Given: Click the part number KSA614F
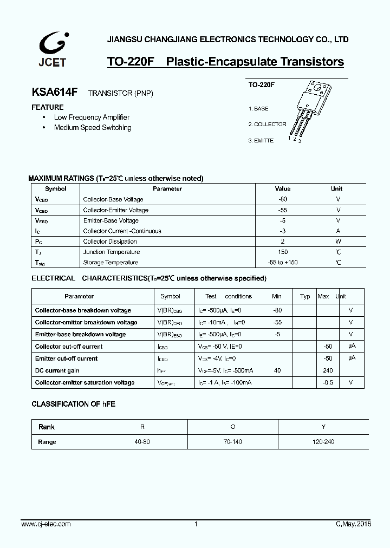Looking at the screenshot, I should (55, 93).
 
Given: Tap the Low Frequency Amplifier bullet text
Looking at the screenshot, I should (92, 117).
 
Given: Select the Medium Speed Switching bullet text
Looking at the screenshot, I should (93, 128).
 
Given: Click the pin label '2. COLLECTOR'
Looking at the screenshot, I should (267, 125).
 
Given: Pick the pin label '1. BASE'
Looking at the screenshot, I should (258, 109).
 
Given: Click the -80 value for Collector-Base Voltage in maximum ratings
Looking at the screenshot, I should (282, 199).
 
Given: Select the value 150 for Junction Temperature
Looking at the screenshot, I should (282, 252).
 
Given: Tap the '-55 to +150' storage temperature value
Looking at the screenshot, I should (282, 263).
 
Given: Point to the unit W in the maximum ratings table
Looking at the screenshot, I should (337, 242).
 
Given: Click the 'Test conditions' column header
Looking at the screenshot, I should (229, 296).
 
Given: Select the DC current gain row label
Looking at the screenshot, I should (57, 370).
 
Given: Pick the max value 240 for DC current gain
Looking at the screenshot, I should (328, 370).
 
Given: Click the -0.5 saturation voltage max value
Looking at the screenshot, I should (328, 382).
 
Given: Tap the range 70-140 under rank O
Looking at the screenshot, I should (232, 442).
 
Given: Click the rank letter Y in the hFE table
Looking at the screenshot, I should (323, 427).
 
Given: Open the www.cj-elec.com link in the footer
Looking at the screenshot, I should (46, 524).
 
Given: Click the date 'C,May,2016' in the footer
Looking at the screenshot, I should (353, 524).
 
